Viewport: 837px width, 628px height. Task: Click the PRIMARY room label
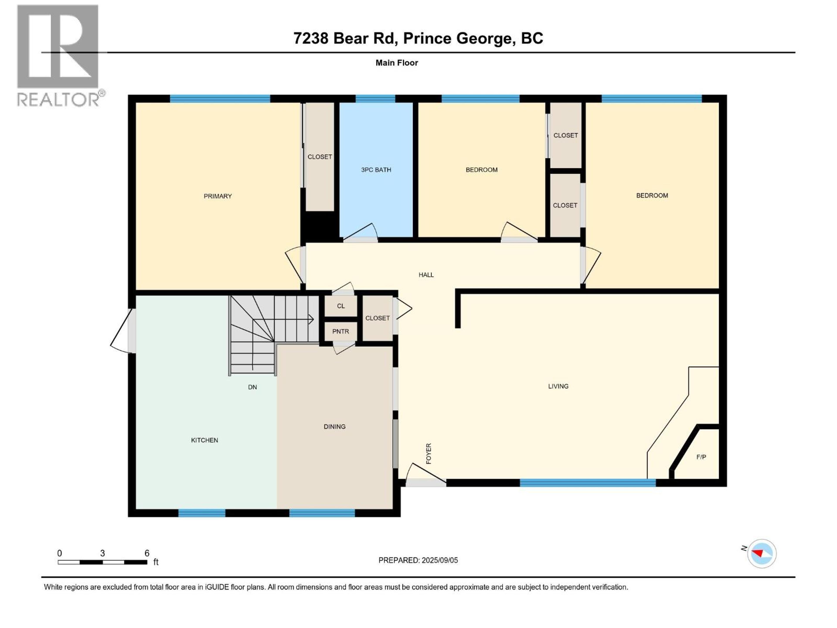218,196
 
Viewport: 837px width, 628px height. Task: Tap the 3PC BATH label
376,170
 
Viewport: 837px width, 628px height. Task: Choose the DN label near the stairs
252,387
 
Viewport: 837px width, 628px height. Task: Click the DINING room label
335,427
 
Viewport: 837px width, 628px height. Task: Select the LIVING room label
558,386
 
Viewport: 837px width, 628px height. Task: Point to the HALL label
426,275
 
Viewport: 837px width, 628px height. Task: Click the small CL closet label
340,306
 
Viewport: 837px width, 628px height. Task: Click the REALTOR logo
59,55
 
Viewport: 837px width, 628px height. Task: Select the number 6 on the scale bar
147,553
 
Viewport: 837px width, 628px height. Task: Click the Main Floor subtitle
396,63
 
